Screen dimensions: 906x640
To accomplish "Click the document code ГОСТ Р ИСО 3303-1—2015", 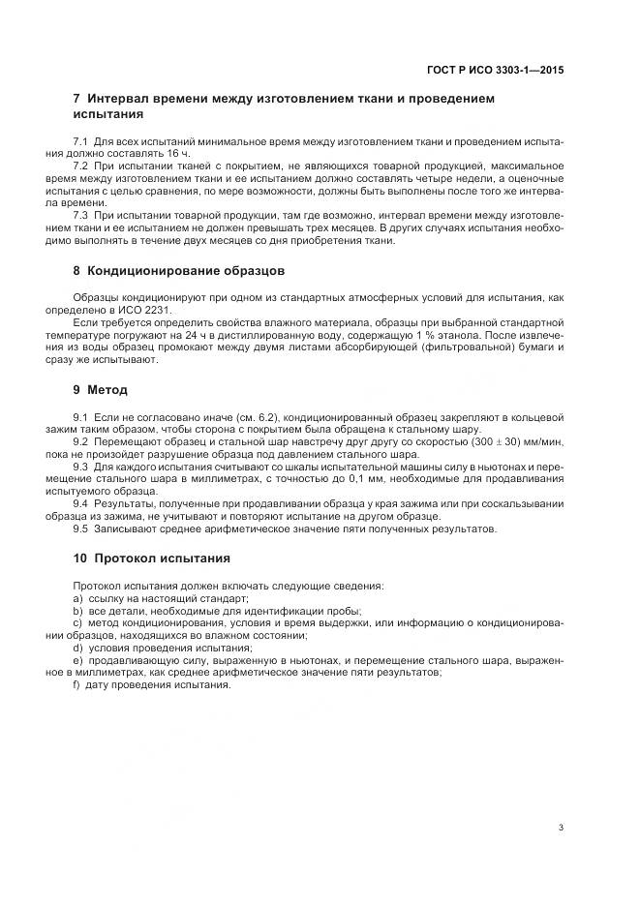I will [x=496, y=70].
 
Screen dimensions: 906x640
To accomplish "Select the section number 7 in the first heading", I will [x=77, y=99].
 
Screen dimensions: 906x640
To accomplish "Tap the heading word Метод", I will [x=107, y=390].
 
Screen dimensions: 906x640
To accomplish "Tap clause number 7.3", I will [x=80, y=214].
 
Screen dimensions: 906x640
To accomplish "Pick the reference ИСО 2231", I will [x=146, y=311].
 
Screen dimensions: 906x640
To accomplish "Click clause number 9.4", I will [x=80, y=504].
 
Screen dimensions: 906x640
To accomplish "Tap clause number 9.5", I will [x=80, y=528].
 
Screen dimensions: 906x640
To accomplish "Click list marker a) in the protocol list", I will [x=77, y=598].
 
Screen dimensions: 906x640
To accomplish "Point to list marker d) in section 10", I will [x=77, y=647].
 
